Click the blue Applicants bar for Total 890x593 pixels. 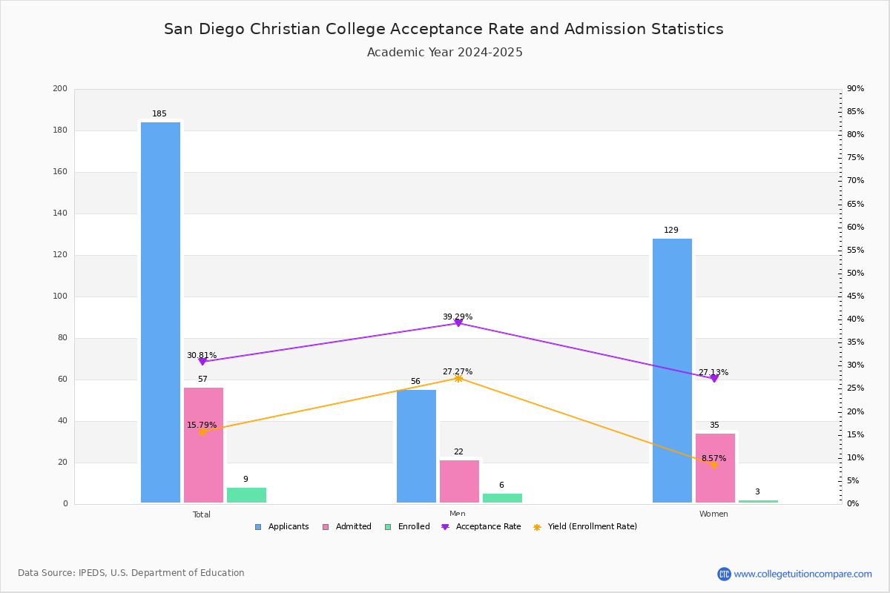160,312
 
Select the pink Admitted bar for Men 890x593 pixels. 459,481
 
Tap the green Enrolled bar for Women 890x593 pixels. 758,501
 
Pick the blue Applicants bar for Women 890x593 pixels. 672,371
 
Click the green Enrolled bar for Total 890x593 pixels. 246,495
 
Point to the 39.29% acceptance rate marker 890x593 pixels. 458,323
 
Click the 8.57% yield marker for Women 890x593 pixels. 714,465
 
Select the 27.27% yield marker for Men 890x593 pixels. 458,379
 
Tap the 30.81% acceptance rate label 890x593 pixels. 202,355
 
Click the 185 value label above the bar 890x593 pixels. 159,113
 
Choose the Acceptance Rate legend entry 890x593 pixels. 481,527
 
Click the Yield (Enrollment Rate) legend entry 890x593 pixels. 585,527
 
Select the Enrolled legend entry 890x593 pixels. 408,527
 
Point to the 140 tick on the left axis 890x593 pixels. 60,213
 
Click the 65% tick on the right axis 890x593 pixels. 855,204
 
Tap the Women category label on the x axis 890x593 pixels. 713,514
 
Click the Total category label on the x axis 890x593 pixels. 202,514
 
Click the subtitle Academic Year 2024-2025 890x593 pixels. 444,53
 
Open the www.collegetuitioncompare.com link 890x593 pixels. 802,574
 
